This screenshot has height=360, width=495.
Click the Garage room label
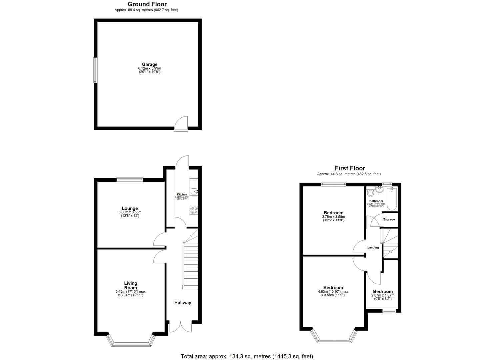click(x=150, y=64)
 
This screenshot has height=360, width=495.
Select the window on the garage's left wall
click(x=95, y=70)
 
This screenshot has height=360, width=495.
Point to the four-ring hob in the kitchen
click(x=194, y=210)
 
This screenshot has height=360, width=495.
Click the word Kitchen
click(x=182, y=194)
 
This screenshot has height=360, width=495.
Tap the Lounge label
click(x=130, y=208)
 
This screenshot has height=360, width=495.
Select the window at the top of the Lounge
click(x=130, y=180)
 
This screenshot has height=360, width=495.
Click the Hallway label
click(x=183, y=303)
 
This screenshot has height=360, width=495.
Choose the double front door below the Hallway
click(x=181, y=327)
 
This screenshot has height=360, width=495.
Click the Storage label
click(x=389, y=219)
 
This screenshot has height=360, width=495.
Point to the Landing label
click(x=373, y=247)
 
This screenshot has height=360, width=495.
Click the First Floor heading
click(x=350, y=168)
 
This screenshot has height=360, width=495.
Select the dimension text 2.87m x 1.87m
click(x=383, y=295)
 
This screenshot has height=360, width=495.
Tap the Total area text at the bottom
click(x=247, y=356)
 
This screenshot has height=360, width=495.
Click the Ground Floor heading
click(x=147, y=4)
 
